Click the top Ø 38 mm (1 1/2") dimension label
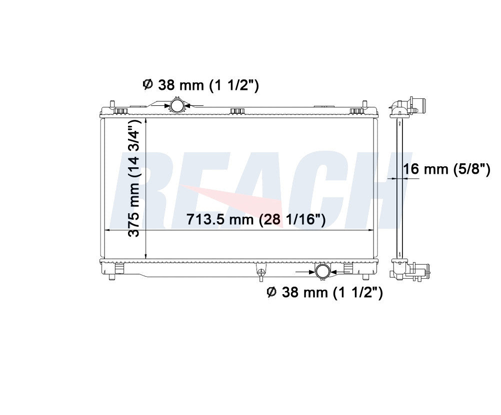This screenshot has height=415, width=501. (x=200, y=85)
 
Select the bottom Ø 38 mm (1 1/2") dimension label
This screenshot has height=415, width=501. (x=324, y=292)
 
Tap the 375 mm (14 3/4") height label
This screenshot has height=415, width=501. (x=134, y=178)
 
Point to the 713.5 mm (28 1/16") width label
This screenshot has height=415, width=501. (x=256, y=220)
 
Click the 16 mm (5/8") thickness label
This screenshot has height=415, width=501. (x=446, y=169)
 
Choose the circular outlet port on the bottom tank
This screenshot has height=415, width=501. (x=322, y=271)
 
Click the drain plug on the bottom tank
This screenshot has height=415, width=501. (x=261, y=272)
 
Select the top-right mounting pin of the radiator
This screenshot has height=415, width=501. (x=364, y=105)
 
